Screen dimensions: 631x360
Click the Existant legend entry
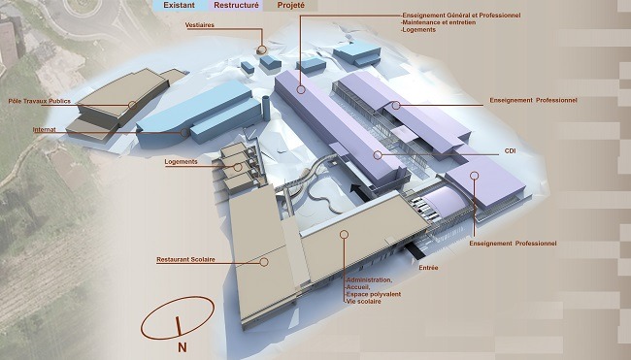179,5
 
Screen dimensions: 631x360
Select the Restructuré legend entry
236,5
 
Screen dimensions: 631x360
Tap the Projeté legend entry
291,6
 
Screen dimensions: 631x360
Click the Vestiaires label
200,25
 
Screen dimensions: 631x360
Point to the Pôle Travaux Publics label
40,101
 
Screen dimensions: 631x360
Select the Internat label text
45,130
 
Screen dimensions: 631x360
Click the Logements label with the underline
182,162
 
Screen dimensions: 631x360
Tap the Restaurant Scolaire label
185,260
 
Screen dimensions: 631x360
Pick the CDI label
510,151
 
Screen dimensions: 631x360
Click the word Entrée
428,268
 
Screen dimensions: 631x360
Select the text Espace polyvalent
374,294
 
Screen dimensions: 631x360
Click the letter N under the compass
182,347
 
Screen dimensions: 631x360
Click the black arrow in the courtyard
360,192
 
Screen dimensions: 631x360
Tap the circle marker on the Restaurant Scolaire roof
264,262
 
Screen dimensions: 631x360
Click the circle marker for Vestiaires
261,50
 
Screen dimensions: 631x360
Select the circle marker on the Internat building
184,132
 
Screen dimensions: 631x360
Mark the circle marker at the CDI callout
378,155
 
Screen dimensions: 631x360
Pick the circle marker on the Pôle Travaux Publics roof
132,106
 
